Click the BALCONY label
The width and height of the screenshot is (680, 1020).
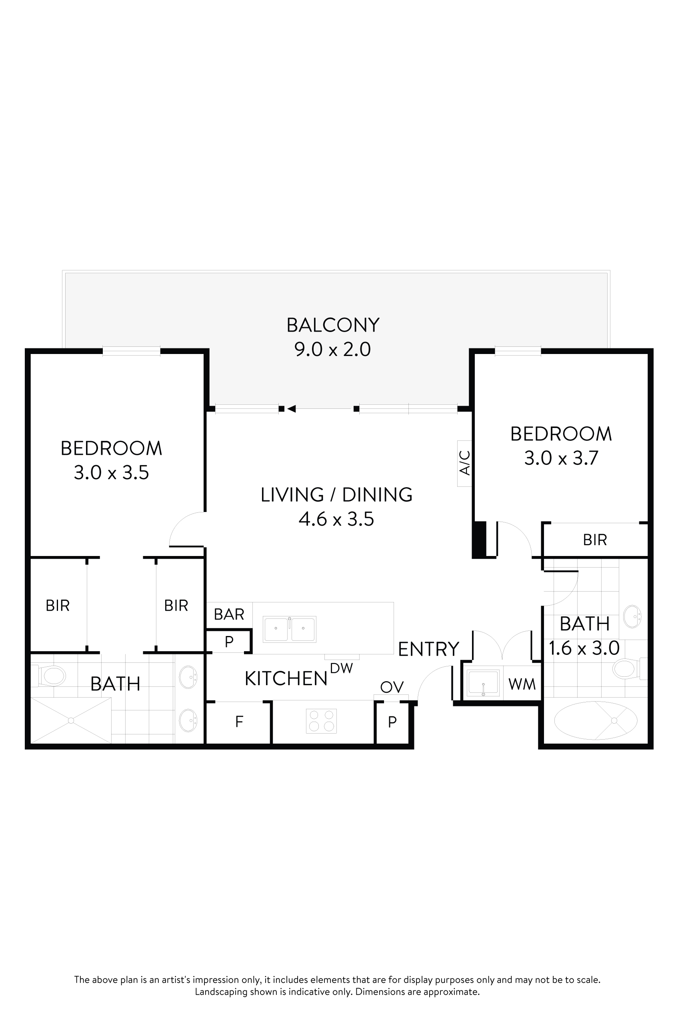click(333, 325)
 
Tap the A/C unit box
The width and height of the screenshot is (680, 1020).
click(464, 463)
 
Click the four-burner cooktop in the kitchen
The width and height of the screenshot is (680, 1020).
click(321, 721)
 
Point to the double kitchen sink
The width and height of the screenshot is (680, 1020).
click(289, 629)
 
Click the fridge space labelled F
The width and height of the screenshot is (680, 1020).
click(238, 722)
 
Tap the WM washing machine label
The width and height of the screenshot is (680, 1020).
click(522, 684)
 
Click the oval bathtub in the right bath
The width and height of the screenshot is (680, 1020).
click(596, 721)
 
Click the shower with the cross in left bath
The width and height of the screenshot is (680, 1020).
click(71, 720)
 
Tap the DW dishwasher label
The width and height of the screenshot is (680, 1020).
click(341, 668)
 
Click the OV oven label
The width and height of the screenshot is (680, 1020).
click(392, 686)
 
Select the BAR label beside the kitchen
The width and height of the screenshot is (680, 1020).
click(229, 614)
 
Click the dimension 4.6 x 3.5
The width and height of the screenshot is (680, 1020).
click(336, 519)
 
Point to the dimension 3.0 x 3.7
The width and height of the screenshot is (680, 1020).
click(561, 458)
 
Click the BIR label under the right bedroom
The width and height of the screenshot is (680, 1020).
click(594, 540)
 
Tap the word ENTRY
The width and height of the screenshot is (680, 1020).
click(428, 649)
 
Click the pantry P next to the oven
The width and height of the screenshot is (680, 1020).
click(392, 722)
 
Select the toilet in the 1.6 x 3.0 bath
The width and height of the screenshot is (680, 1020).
click(626, 669)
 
